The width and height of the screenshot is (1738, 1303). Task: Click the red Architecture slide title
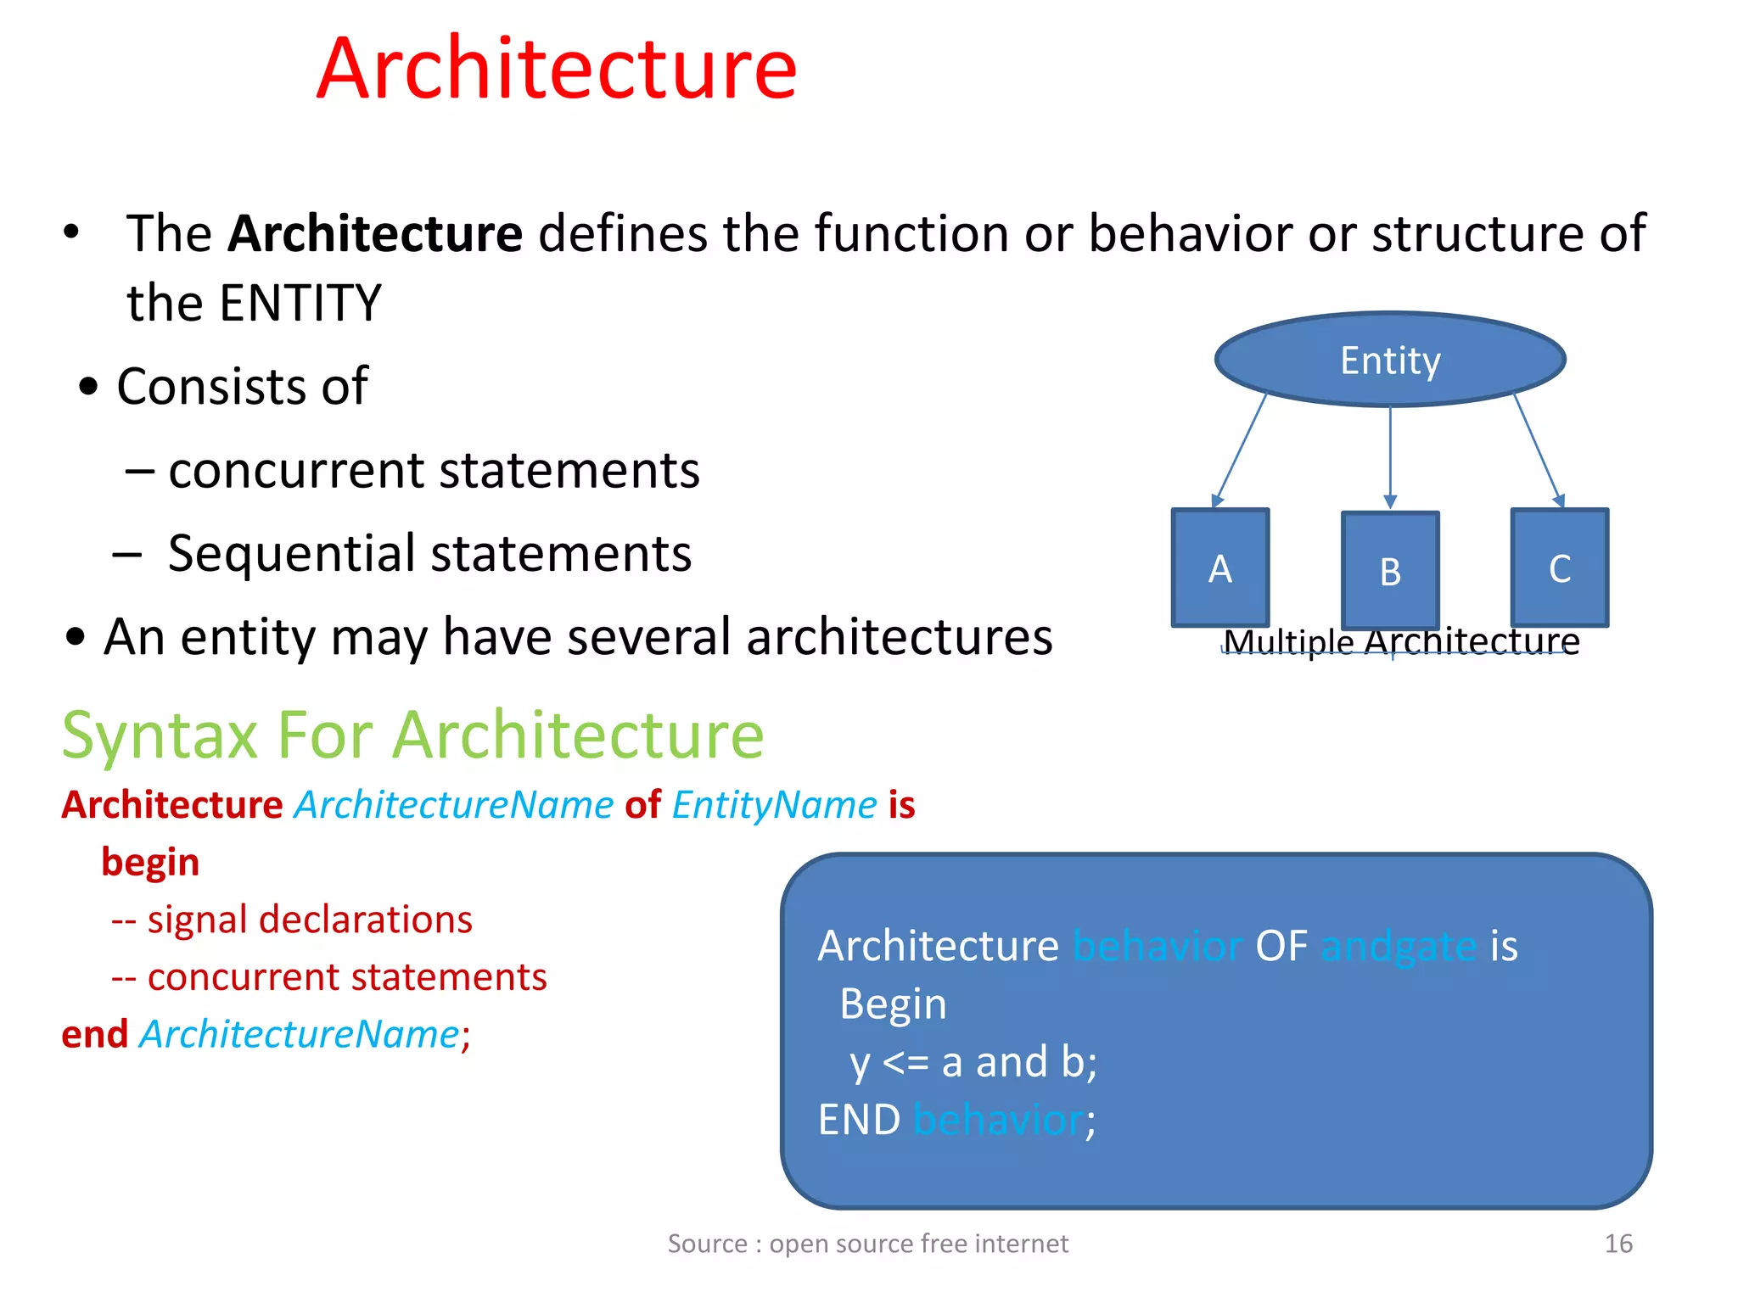tap(557, 70)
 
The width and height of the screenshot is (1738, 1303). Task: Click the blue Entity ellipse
tap(1389, 360)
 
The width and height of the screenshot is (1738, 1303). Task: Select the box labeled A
tap(1219, 568)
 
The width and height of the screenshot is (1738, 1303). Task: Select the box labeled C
tap(1559, 568)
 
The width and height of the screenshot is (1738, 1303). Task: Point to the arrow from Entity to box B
tap(1390, 458)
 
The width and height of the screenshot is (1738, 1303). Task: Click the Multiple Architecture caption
tap(1401, 642)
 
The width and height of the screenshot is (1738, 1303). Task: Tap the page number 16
tap(1617, 1244)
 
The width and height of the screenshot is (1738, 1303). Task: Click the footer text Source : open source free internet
tap(867, 1244)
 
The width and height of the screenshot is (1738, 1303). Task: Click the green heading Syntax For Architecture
tap(412, 735)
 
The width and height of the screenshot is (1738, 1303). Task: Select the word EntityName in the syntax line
tap(774, 804)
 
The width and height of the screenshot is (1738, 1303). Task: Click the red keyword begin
tap(150, 862)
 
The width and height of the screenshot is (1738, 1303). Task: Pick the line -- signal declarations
tap(292, 920)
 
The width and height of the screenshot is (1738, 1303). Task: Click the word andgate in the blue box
tap(1398, 946)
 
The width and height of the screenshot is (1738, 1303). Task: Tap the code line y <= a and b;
tap(973, 1062)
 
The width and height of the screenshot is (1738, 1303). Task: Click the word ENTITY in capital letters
tap(300, 303)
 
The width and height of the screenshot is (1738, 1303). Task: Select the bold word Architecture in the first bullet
tap(375, 233)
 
